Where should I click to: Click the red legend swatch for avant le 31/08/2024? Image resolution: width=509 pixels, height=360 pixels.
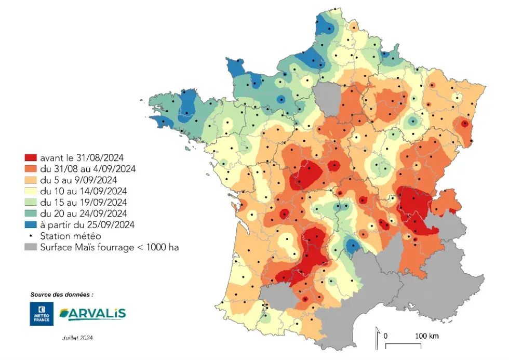pos(31,156)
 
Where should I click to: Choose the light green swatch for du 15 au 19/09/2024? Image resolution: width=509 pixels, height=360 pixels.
pos(31,202)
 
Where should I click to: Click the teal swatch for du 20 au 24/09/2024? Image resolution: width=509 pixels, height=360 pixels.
pos(31,214)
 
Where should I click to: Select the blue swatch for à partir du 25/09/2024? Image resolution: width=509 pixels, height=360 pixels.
pos(31,225)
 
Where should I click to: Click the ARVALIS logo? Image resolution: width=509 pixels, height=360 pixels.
pos(92,314)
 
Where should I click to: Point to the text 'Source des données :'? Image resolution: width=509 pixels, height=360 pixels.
pos(62,294)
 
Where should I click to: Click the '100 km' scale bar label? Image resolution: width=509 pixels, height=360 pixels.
pos(427,336)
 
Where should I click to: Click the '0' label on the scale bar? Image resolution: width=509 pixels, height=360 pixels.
pos(385,336)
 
